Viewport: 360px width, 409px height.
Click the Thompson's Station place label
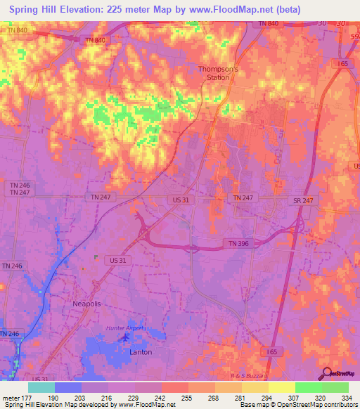point(218,73)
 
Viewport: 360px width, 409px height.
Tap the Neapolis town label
point(88,303)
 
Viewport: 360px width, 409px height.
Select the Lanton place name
point(141,352)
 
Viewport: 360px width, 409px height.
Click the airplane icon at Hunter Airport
point(127,338)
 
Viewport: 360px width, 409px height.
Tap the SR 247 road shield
point(303,200)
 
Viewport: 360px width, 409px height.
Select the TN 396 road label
point(236,243)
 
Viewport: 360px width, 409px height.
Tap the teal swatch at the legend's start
point(41,387)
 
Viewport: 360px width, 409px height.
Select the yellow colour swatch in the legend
point(281,387)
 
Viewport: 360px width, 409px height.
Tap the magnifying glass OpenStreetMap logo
point(327,373)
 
